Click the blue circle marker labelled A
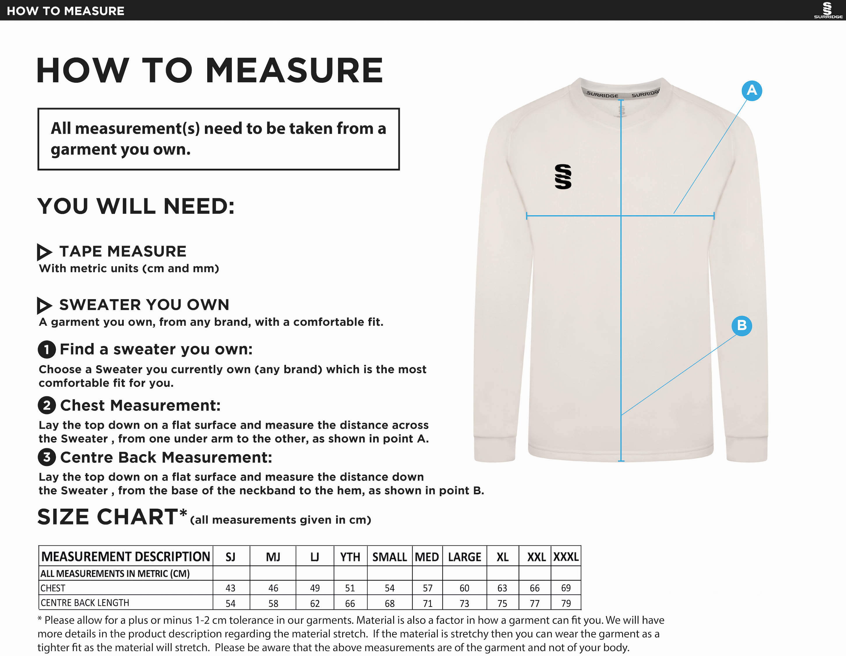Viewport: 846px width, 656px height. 751,91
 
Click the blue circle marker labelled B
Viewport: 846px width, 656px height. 741,325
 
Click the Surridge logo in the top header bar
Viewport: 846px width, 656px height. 828,10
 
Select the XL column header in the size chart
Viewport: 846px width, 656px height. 502,557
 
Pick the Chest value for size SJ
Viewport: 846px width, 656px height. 230,588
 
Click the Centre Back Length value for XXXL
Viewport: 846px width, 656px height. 566,603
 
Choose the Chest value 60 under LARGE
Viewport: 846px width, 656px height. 464,588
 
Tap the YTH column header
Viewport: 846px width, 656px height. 350,557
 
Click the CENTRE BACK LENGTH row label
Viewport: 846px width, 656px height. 85,602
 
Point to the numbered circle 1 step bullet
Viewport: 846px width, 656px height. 47,350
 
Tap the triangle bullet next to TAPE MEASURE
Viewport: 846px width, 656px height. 44,252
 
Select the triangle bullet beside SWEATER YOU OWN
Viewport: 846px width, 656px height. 44,305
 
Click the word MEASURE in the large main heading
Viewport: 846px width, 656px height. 294,70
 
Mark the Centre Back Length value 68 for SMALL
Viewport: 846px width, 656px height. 389,603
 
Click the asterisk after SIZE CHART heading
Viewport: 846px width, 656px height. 183,513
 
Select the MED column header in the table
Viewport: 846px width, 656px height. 427,557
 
